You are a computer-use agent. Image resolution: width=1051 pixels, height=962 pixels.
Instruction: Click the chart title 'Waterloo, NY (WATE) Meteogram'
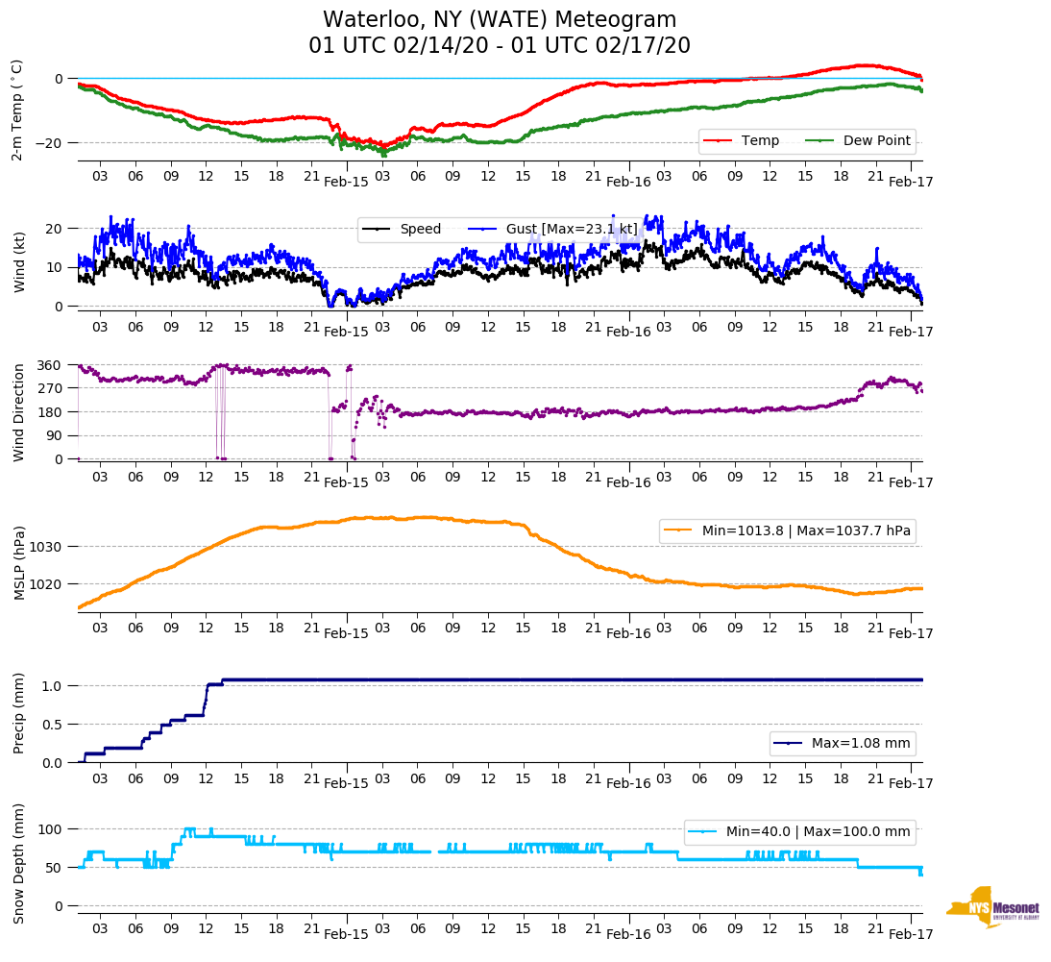tap(499, 20)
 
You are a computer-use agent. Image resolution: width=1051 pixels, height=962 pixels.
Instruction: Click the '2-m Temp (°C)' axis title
tap(16, 110)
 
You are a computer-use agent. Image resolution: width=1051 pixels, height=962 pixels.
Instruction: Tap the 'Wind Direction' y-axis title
tap(18, 411)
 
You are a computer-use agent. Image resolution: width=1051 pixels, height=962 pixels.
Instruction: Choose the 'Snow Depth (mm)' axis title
tap(18, 863)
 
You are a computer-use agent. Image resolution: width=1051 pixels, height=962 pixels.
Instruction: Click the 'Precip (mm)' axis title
tap(18, 713)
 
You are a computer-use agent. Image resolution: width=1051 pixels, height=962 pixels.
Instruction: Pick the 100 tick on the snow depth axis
tap(51, 828)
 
